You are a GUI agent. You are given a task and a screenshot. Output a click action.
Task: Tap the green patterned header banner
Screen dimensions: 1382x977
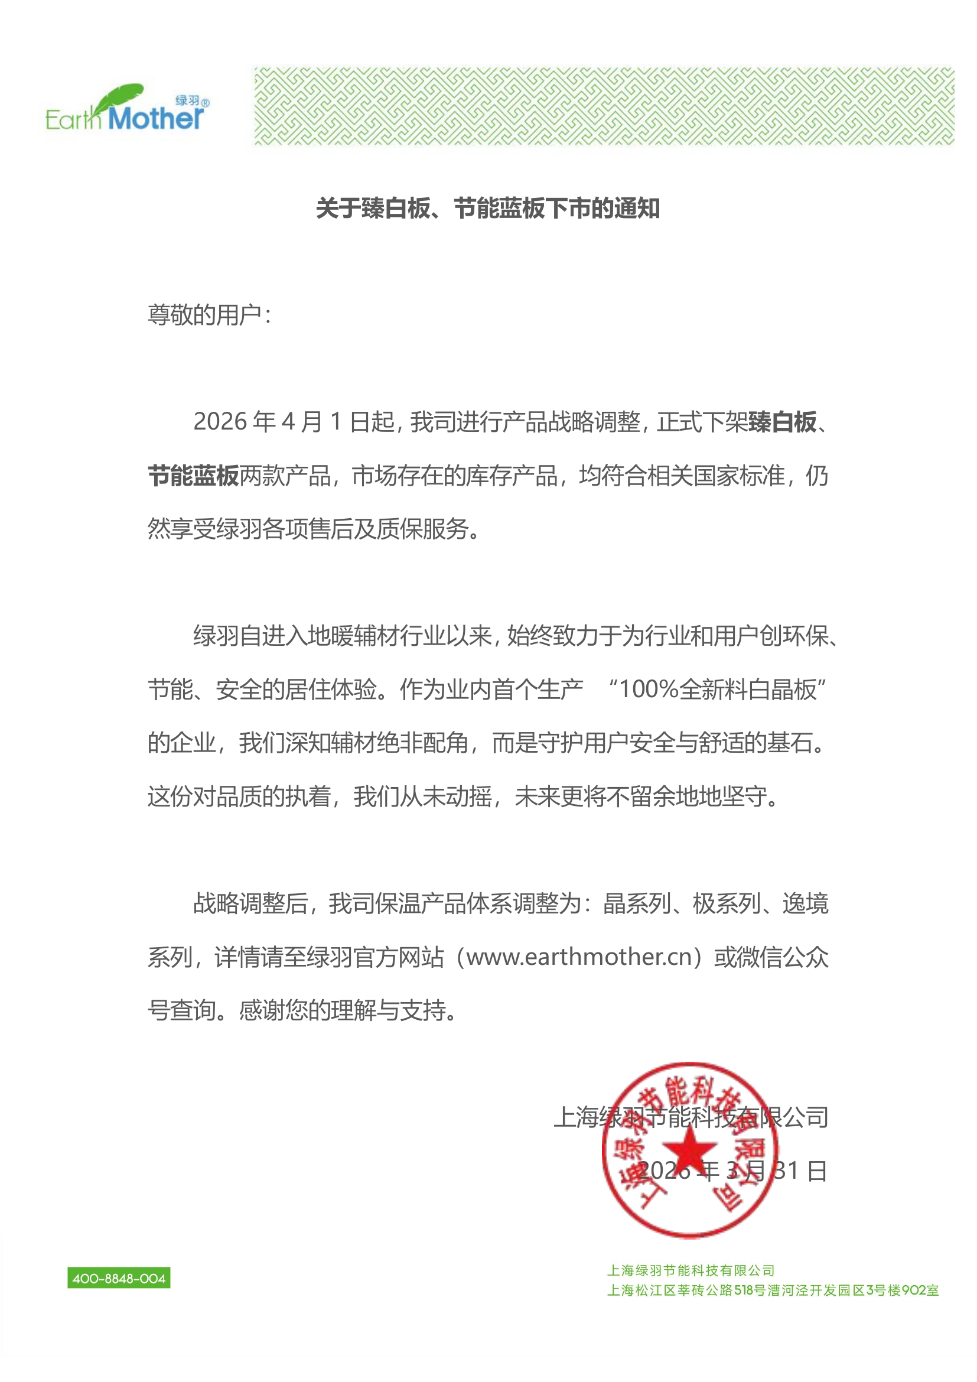click(x=604, y=106)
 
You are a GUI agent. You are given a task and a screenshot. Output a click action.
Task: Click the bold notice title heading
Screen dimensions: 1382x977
click(x=488, y=209)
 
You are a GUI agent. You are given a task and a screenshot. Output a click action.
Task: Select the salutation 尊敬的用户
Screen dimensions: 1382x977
click(x=204, y=315)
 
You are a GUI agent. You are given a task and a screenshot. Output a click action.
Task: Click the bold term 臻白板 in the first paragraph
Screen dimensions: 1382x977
click(x=782, y=422)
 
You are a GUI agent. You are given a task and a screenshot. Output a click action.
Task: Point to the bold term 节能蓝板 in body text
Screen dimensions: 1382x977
click(x=193, y=476)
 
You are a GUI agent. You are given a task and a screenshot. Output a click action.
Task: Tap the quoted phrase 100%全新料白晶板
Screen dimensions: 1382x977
click(x=717, y=690)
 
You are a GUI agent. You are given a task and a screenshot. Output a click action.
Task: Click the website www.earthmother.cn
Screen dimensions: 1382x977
click(x=579, y=957)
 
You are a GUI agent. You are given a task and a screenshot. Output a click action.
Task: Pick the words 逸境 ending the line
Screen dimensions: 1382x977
click(x=805, y=903)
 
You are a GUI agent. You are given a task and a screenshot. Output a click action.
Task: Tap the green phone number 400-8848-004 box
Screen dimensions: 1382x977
click(x=119, y=1279)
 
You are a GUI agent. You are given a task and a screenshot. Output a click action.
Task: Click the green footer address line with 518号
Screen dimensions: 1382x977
click(x=773, y=1290)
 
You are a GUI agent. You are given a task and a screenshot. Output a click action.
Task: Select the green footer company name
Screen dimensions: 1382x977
click(x=691, y=1271)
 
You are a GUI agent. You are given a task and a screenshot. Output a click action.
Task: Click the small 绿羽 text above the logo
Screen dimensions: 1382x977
click(x=187, y=101)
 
